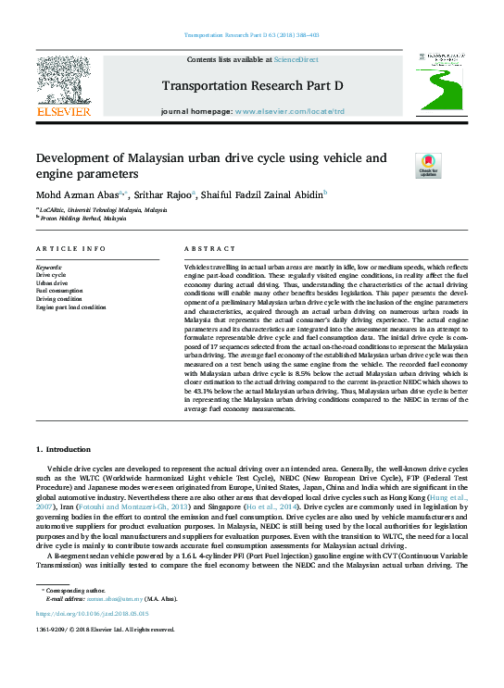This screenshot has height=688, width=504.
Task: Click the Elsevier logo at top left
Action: pyautogui.click(x=63, y=86)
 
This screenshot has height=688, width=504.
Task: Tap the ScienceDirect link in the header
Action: pyautogui.click(x=296, y=60)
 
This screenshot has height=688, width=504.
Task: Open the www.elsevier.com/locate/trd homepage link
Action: pyautogui.click(x=289, y=111)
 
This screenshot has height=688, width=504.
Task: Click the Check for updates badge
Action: pyautogui.click(x=402, y=167)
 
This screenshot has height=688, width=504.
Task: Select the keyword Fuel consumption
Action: pyautogui.click(x=60, y=291)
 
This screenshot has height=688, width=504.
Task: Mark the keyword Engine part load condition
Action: pyautogui.click(x=70, y=307)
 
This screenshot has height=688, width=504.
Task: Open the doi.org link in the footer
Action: pyautogui.click(x=92, y=614)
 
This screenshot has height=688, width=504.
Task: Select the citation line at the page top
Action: pyautogui.click(x=252, y=38)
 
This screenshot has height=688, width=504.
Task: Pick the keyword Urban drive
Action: pyautogui.click(x=52, y=282)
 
